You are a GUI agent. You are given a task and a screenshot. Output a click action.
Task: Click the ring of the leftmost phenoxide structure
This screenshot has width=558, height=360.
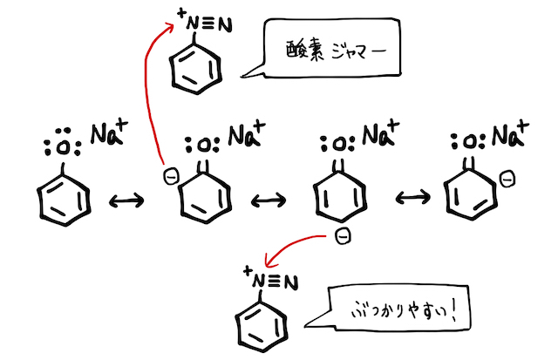coord(65,200)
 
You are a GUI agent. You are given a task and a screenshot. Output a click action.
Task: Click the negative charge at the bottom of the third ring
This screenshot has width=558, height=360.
coord(344,236)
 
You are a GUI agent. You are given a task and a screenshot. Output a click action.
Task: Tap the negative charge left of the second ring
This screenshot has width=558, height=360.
coord(171,179)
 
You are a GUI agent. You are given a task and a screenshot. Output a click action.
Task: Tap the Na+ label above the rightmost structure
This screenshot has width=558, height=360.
coord(509,136)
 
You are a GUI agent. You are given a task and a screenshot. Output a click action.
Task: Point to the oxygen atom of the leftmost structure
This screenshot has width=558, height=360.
coord(63,148)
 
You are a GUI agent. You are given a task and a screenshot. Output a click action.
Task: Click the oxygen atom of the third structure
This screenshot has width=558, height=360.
coord(337,141)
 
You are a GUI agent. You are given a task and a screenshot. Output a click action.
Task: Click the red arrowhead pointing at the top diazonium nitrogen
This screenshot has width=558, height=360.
coord(172,27)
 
